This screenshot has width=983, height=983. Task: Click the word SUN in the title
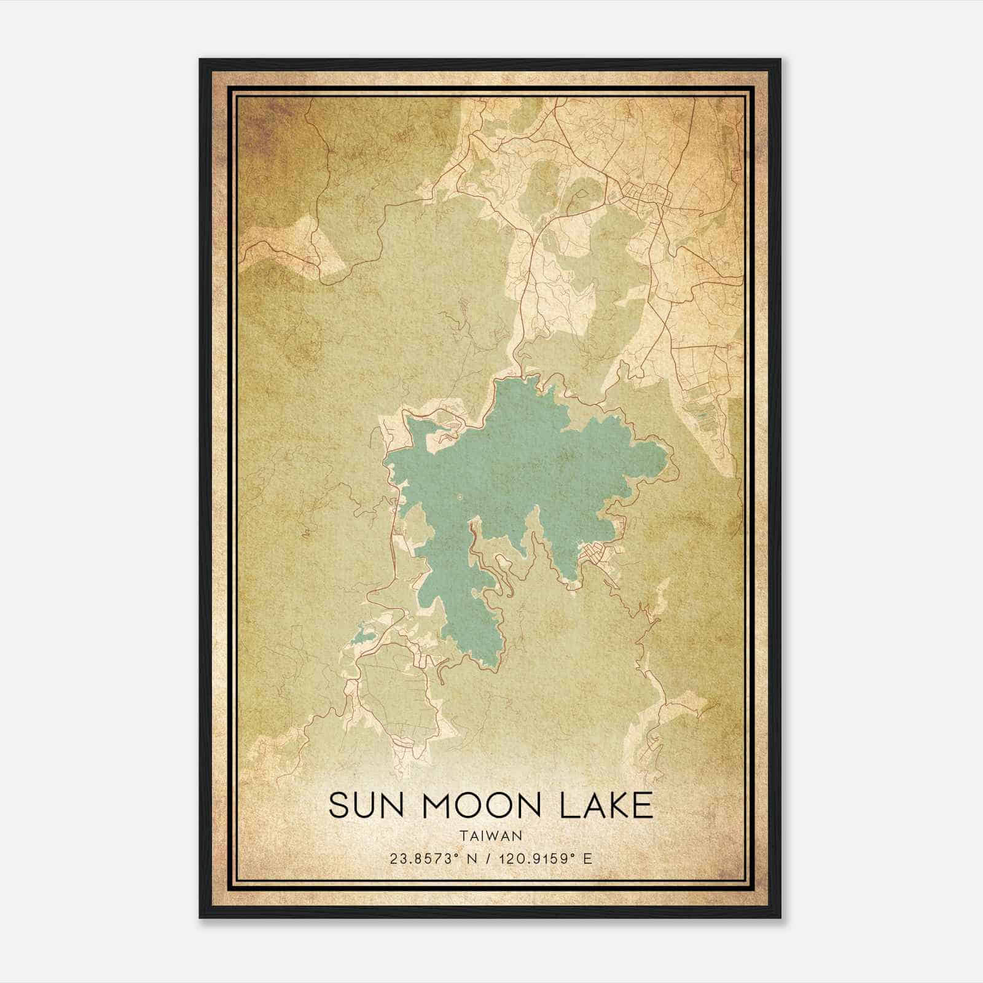pyautogui.click(x=366, y=805)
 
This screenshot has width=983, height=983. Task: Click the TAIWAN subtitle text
pyautogui.click(x=490, y=836)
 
